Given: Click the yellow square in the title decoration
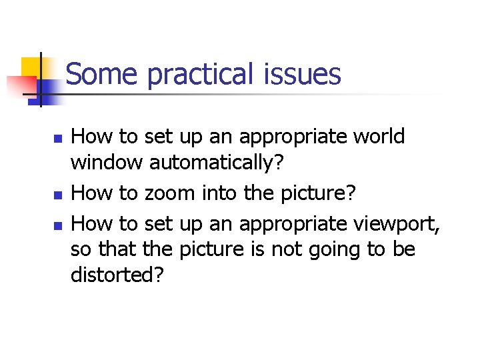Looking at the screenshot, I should (32, 67).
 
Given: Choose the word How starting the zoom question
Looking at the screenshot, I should (91, 193).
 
